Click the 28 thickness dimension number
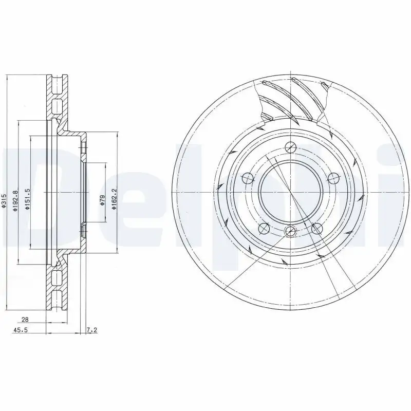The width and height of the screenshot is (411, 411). (x=25, y=320)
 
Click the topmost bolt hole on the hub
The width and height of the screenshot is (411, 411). (x=290, y=146)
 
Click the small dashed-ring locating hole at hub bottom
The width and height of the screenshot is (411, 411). (x=290, y=231)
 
